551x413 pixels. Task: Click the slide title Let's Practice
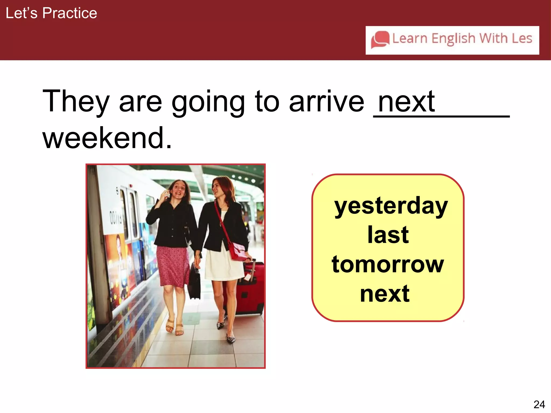51,13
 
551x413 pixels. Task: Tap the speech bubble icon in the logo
380,40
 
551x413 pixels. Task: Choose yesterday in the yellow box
391,206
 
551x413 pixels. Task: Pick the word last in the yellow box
388,235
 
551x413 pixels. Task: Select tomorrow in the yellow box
388,265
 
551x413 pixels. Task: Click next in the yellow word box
385,294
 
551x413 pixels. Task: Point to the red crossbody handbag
237,251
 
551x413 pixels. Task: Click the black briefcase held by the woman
194,282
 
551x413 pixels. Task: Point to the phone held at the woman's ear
167,194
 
